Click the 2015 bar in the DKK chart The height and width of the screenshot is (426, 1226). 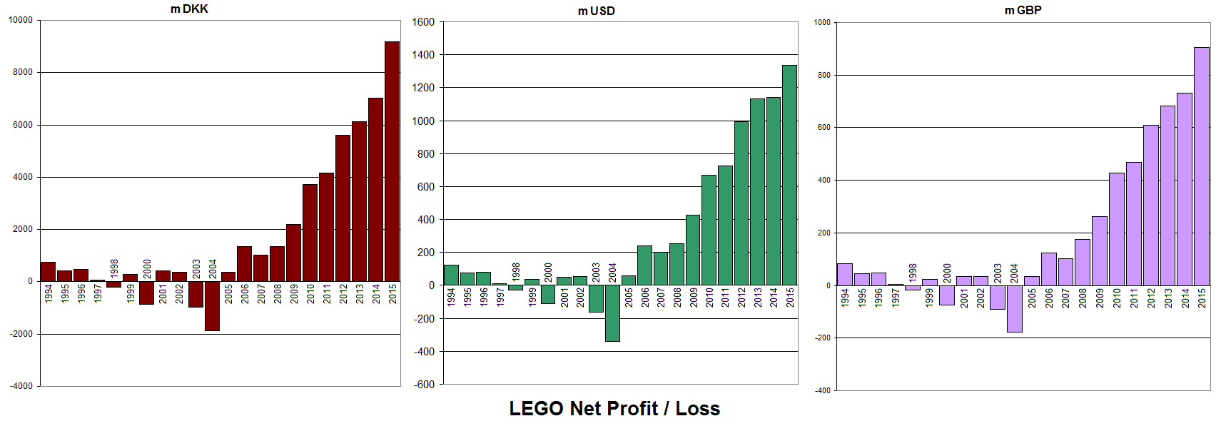(x=392, y=161)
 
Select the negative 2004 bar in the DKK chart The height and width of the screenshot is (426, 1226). (x=212, y=306)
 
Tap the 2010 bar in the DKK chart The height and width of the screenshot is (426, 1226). (x=310, y=233)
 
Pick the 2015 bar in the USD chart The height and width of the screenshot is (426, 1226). (x=789, y=175)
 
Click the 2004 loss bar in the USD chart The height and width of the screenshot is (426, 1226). (x=612, y=313)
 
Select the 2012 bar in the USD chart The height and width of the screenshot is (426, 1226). (x=741, y=203)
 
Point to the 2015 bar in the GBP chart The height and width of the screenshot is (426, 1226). (x=1202, y=166)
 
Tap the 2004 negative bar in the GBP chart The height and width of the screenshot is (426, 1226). (x=1014, y=309)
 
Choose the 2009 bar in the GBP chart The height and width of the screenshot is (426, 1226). (x=1099, y=250)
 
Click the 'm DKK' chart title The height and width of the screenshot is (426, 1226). (x=189, y=9)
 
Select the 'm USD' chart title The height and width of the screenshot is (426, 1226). (x=596, y=11)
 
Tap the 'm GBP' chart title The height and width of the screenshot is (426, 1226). (x=1023, y=10)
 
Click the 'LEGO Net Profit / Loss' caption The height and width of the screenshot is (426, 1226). (x=614, y=408)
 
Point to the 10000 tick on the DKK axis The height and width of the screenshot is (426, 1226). (x=21, y=20)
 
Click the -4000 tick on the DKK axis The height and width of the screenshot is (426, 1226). (x=21, y=386)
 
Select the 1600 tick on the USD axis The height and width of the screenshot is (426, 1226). (x=423, y=22)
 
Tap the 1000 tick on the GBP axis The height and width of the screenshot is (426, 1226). (x=822, y=23)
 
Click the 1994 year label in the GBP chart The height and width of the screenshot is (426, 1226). (x=845, y=298)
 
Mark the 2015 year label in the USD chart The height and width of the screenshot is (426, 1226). (x=790, y=298)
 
